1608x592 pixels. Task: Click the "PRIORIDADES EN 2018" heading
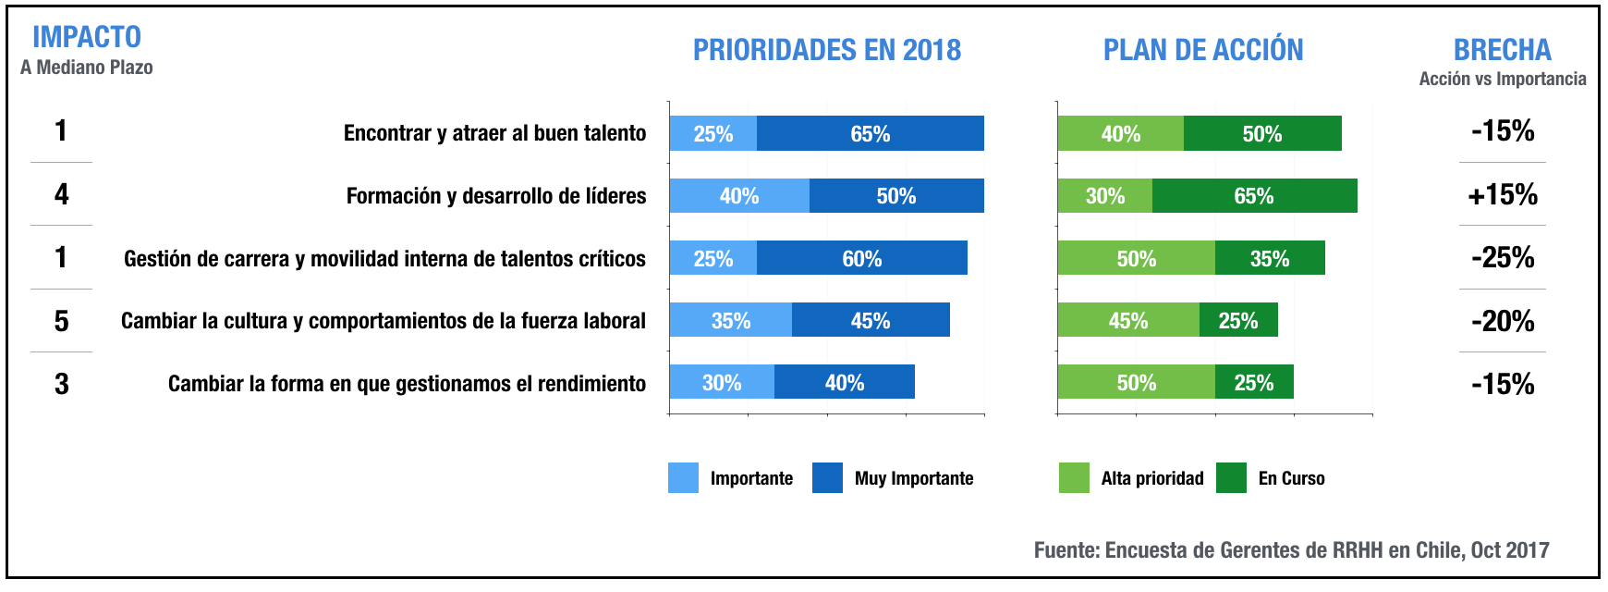[827, 50]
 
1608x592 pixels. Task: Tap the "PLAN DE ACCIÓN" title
[1203, 50]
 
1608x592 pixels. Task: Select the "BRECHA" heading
[1502, 50]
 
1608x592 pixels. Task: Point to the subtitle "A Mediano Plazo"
[87, 68]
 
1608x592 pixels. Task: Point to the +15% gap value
[1503, 194]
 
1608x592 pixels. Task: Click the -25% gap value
[1503, 257]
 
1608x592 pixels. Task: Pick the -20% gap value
[1503, 321]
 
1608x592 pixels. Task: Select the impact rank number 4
[61, 194]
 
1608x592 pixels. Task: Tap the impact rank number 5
[61, 321]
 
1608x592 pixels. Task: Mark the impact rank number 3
[61, 384]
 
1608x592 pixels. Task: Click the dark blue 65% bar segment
[870, 133]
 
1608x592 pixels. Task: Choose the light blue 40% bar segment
[739, 196]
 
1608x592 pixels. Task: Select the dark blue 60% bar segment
[861, 258]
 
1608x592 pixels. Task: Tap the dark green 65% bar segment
[1254, 196]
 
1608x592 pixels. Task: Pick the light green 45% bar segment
[1128, 320]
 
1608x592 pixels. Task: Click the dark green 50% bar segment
[1261, 133]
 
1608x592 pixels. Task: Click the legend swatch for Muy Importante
[827, 478]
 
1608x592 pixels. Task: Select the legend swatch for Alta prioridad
[1074, 478]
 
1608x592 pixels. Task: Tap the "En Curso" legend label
[1291, 478]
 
